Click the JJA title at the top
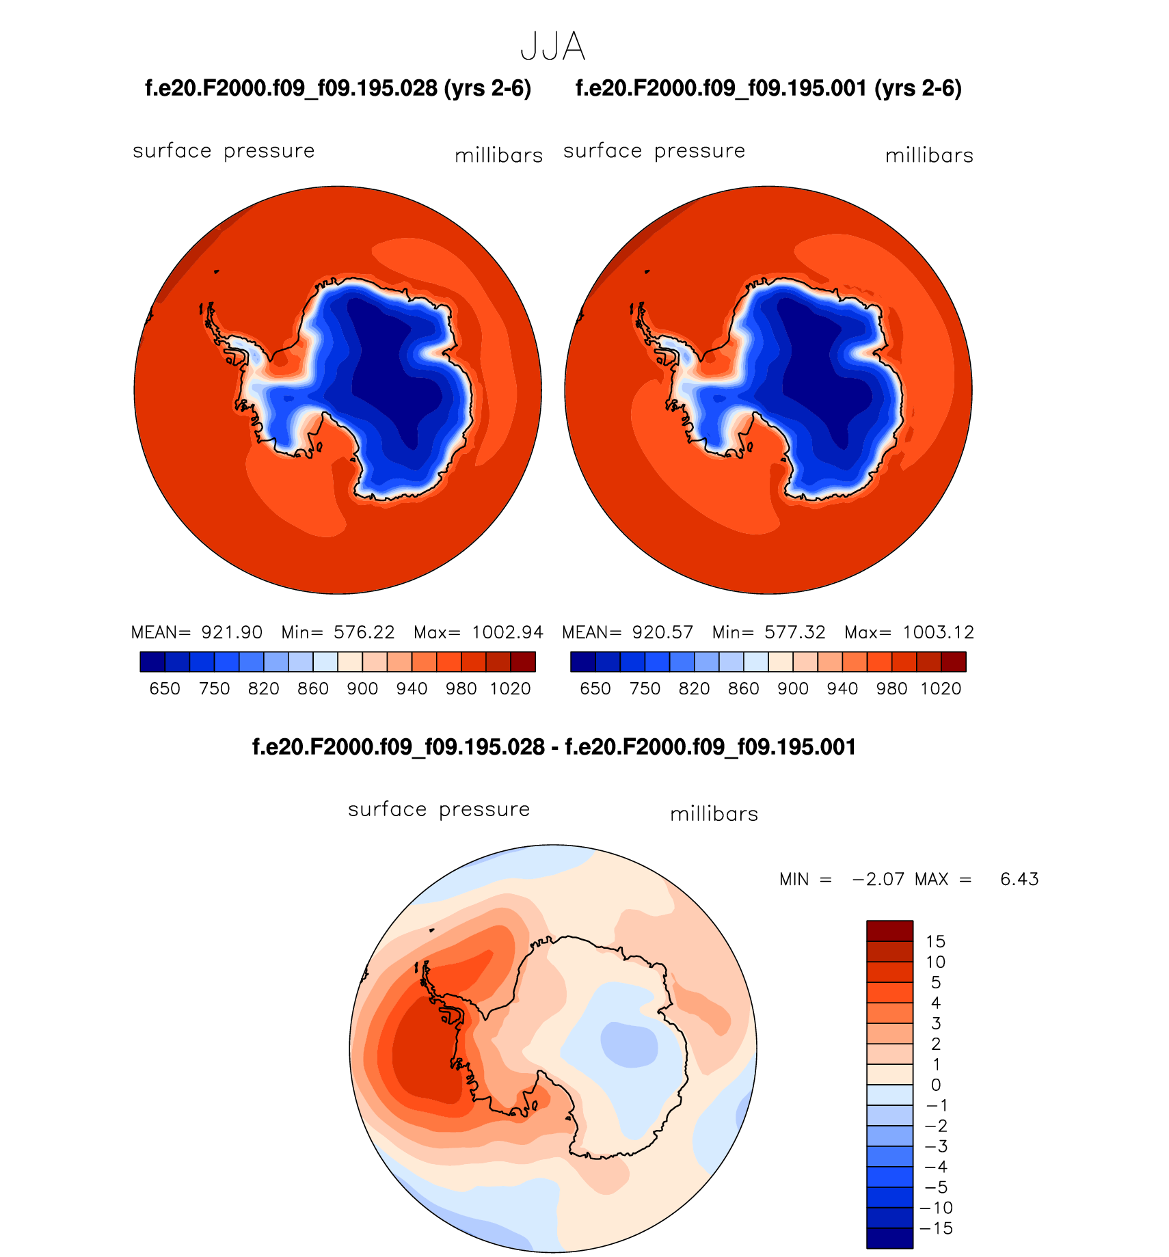tap(552, 47)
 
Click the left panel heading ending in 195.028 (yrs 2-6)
tap(338, 89)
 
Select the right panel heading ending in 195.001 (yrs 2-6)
tap(768, 89)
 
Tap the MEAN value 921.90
tap(232, 632)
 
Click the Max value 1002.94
tap(507, 632)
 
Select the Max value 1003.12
tap(938, 632)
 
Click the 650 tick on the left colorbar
tap(165, 689)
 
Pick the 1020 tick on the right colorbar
tap(941, 689)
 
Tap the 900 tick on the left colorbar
tap(362, 689)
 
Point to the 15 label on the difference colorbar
tap(935, 941)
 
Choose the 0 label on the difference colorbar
tap(935, 1085)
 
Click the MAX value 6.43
tap(1019, 879)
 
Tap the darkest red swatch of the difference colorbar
tap(889, 931)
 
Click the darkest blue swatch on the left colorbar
tap(152, 662)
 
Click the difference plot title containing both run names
tap(554, 747)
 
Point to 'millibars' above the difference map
tap(714, 814)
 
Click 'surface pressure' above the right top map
tap(654, 151)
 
